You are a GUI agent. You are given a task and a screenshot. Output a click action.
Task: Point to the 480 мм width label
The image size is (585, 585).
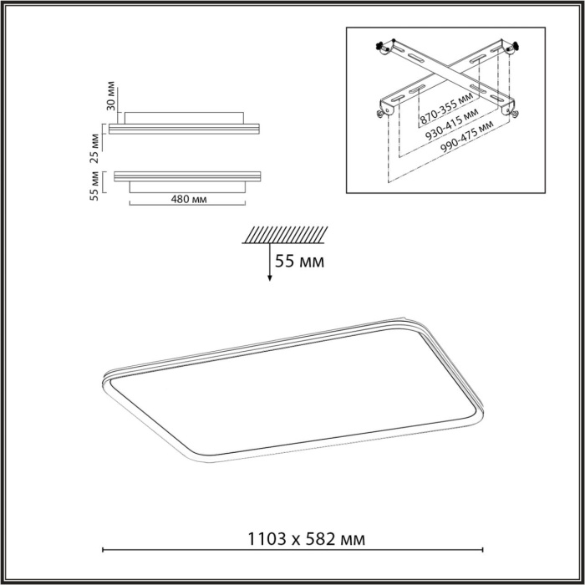[x=189, y=200]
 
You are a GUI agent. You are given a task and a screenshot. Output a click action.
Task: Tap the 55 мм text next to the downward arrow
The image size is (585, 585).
[x=299, y=262]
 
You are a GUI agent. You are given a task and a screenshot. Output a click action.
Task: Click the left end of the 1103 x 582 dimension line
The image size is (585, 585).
[x=103, y=549]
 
